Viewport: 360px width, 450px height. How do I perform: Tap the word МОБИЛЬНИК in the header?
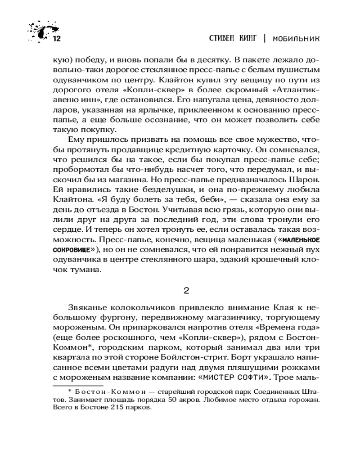(x=294, y=38)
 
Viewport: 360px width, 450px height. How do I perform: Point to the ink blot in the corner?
(x=38, y=31)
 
